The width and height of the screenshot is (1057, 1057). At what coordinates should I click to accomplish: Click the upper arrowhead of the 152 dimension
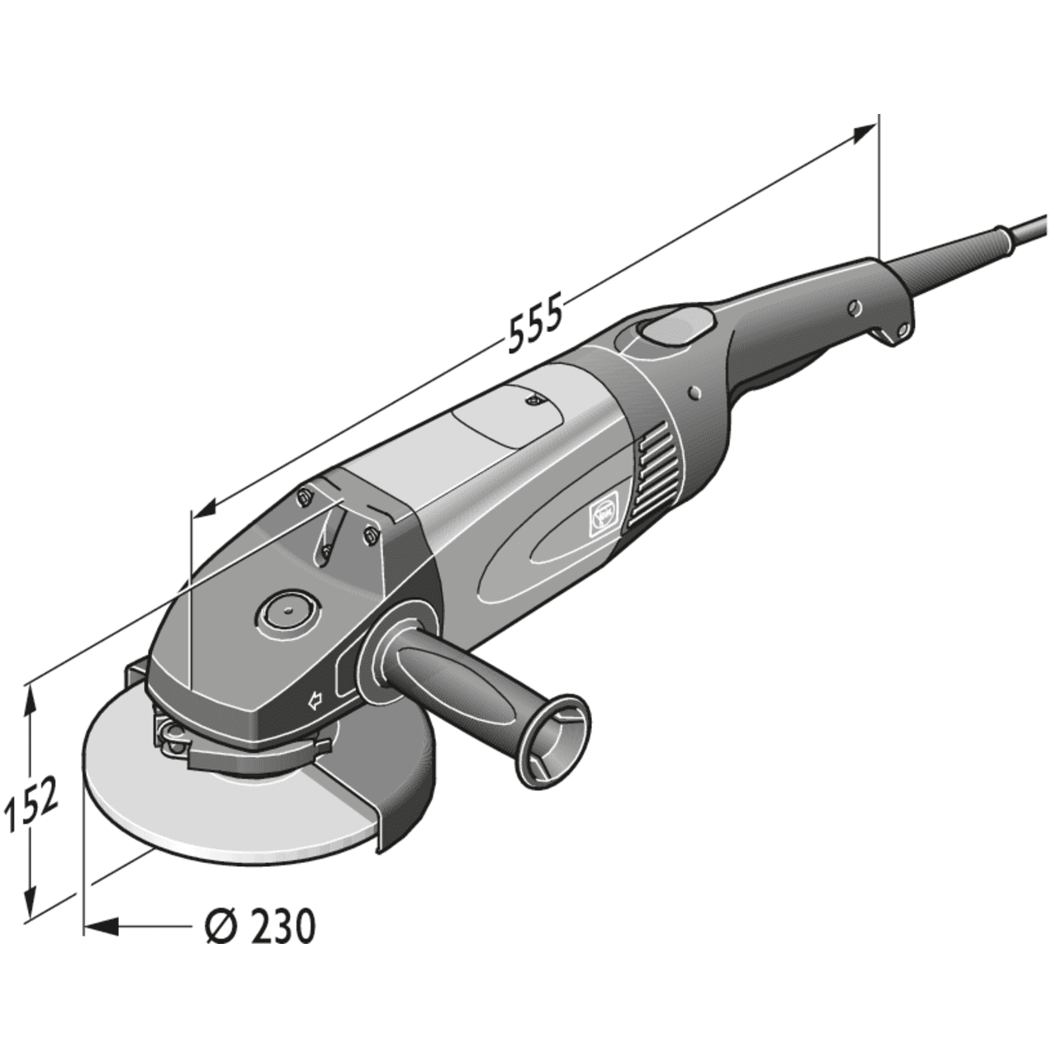[31, 699]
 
